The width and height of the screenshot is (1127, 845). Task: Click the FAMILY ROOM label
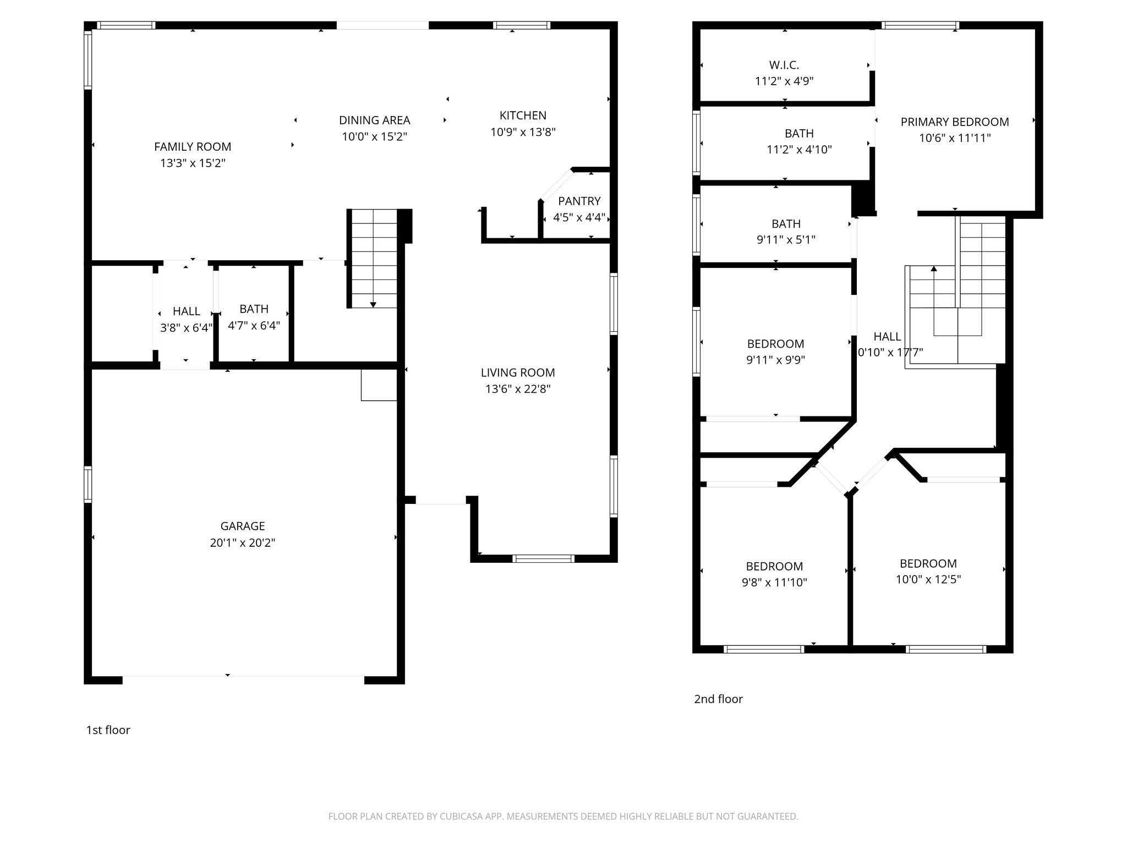click(193, 147)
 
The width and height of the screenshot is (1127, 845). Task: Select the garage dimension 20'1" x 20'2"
click(242, 543)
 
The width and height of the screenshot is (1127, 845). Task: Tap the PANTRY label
click(579, 201)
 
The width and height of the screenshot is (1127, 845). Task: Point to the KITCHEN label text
click(523, 116)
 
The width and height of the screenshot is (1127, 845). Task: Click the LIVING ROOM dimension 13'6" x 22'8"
click(517, 389)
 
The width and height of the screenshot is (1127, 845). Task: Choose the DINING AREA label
click(374, 120)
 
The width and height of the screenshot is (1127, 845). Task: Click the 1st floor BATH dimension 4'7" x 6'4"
click(254, 326)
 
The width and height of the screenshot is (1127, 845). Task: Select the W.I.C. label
click(784, 65)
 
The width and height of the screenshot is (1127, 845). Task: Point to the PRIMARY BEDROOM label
click(954, 122)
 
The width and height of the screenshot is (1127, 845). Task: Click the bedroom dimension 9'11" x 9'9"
click(775, 360)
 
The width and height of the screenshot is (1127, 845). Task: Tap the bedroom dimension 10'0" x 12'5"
click(928, 579)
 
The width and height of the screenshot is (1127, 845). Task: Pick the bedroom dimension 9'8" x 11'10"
click(774, 582)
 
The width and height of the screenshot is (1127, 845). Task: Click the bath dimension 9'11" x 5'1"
click(786, 240)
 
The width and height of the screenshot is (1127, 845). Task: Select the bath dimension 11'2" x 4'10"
click(799, 150)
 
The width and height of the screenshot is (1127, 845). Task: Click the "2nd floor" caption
click(718, 699)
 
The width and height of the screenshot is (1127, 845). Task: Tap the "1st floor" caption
click(108, 730)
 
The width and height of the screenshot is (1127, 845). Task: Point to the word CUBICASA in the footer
click(461, 816)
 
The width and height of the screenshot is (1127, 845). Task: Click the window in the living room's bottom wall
click(543, 558)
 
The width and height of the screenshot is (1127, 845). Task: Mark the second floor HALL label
click(887, 337)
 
